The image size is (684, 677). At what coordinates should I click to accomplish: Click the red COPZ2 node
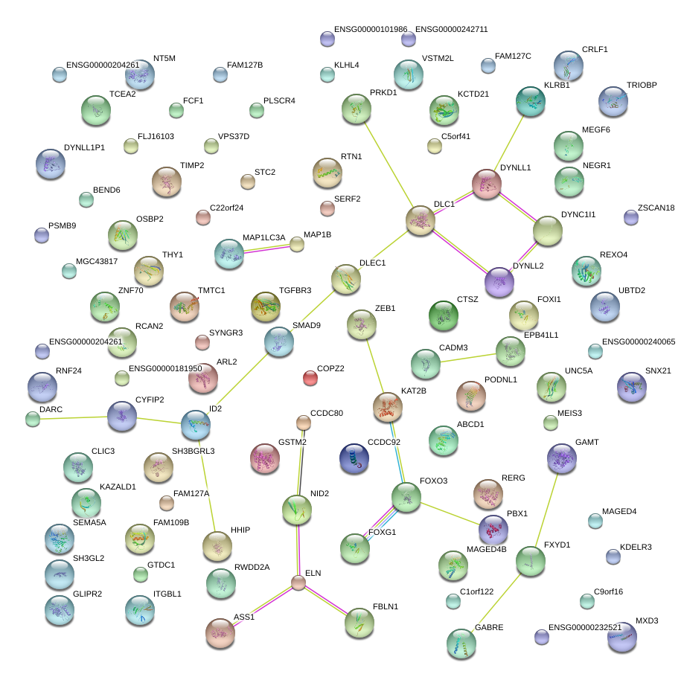pos(310,378)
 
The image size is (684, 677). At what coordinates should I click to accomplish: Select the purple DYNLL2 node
pos(499,282)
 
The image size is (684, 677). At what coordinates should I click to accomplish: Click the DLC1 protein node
pos(421,220)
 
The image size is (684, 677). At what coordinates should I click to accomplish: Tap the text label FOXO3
pos(434,481)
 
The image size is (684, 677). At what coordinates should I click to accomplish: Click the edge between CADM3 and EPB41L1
pos(468,359)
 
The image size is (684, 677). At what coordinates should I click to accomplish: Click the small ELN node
pos(298,583)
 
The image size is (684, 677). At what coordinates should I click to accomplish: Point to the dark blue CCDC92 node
pos(354,458)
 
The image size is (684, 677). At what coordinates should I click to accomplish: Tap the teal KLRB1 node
pos(531,102)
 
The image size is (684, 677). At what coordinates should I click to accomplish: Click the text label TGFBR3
pos(295,290)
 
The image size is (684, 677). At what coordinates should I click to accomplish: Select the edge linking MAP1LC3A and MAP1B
pos(266,249)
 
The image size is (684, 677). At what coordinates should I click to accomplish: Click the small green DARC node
pos(33,419)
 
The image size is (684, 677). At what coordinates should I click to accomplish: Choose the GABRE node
pos(461,644)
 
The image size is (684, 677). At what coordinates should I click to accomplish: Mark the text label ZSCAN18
pos(656,208)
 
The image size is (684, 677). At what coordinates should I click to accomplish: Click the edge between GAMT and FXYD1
pos(546,510)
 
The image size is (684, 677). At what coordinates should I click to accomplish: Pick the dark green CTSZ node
pos(444,315)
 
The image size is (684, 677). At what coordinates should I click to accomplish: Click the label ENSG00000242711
pos(452,29)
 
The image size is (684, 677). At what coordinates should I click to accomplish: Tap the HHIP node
pos(217,547)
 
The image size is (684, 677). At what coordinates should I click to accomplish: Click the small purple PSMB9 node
pos(42,235)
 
